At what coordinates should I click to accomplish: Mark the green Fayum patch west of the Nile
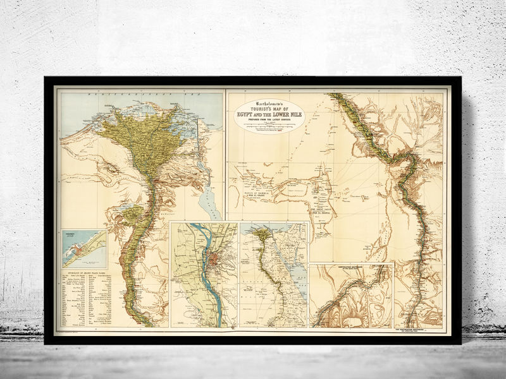coord(134,215)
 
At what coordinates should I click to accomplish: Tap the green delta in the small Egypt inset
coord(260,235)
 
